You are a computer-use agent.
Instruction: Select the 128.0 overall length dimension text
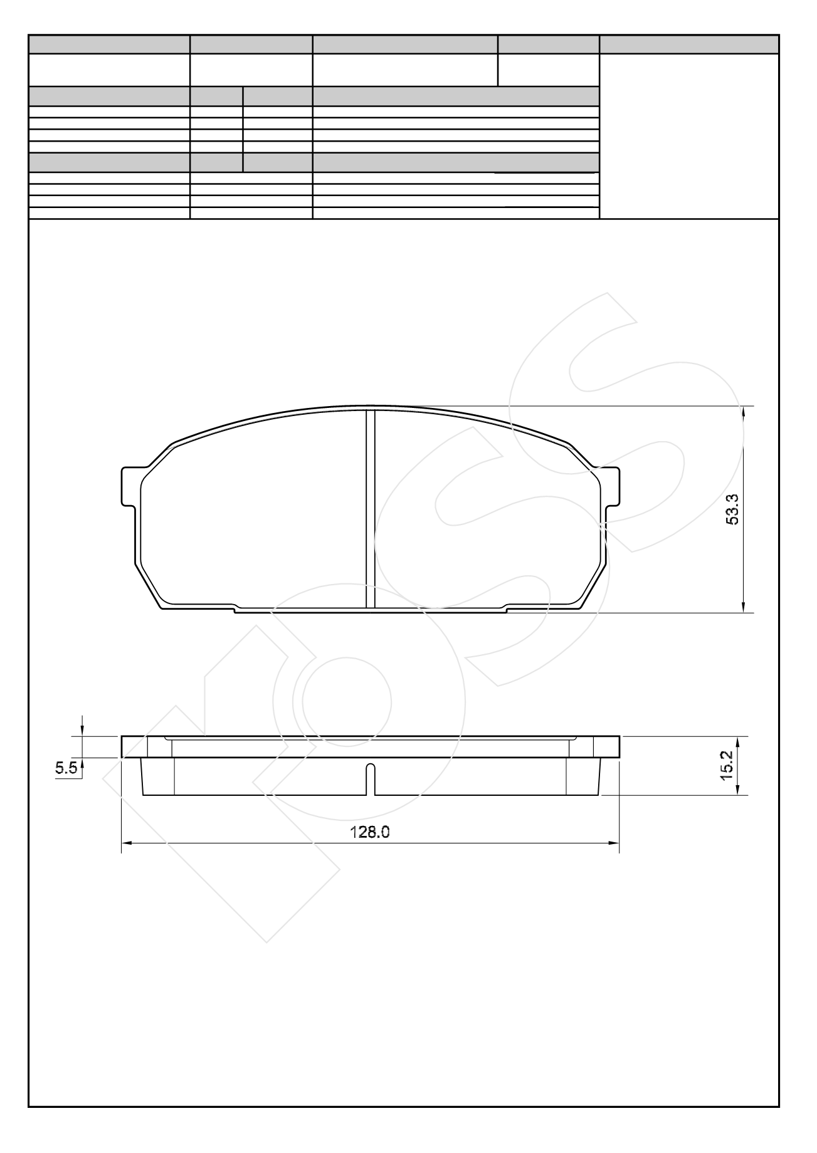370,832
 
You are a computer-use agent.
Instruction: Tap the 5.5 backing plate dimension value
66,768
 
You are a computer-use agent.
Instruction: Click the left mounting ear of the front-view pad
129,486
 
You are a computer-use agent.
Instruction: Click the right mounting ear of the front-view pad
611,486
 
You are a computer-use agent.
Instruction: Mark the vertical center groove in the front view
371,509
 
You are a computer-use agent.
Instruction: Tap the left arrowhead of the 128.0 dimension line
125,843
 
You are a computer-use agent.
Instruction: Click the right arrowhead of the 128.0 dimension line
614,843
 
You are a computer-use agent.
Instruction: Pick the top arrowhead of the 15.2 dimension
737,742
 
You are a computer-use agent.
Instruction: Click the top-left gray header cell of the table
109,44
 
